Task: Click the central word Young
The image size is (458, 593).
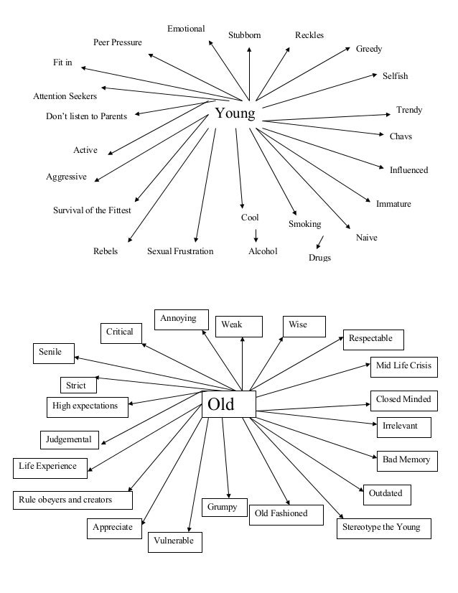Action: [x=235, y=113]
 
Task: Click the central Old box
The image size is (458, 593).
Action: [x=228, y=405]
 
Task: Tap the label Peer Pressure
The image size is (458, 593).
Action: [x=118, y=43]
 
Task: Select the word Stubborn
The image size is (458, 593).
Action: [x=244, y=35]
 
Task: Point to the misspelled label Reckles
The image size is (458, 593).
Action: [x=309, y=35]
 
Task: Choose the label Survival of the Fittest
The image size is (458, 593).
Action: [x=92, y=211]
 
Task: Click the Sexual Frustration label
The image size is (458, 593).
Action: [x=180, y=251]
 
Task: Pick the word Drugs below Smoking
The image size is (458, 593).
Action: [x=319, y=258]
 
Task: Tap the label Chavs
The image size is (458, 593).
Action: [x=401, y=136]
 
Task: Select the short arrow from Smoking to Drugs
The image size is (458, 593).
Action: [x=319, y=243]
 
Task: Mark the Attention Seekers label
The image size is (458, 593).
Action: [x=65, y=95]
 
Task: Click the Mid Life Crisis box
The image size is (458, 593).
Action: [x=403, y=366]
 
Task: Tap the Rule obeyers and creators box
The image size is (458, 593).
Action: [x=73, y=499]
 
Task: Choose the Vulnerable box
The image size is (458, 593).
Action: [x=175, y=541]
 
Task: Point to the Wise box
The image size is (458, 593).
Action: [x=304, y=326]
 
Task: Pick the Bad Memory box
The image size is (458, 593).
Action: [x=406, y=459]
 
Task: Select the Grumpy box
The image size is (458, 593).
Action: [x=223, y=507]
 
